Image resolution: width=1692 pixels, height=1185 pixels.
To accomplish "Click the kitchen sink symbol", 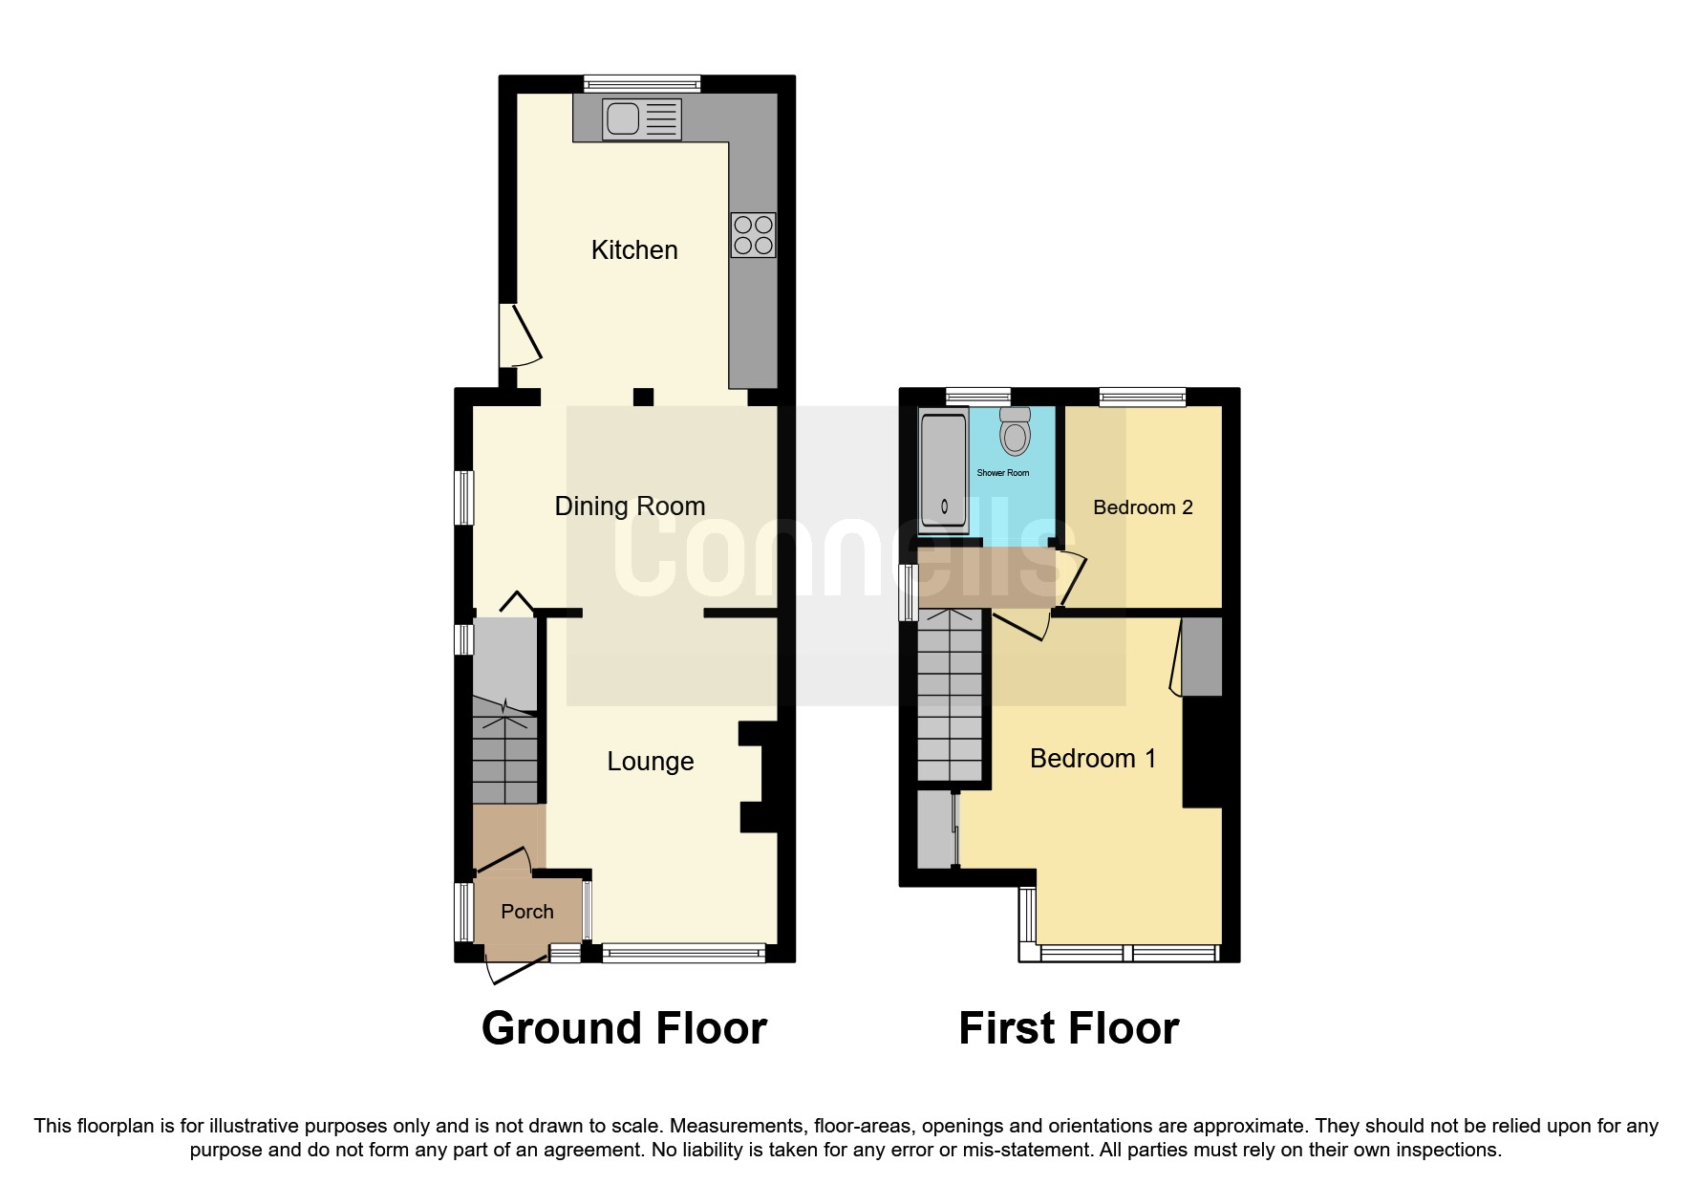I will tap(641, 119).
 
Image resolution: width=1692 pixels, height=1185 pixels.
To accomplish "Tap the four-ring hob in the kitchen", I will tap(753, 235).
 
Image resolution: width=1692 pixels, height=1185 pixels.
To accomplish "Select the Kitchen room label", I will tap(634, 250).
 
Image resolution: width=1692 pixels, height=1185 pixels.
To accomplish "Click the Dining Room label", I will tap(630, 506).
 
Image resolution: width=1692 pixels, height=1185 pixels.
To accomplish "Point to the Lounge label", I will tap(651, 762).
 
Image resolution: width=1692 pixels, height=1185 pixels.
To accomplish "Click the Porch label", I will tap(527, 912).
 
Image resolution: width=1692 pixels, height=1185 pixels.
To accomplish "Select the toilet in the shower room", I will tap(1015, 433).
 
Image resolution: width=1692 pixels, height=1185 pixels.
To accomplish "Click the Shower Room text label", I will tap(1002, 473).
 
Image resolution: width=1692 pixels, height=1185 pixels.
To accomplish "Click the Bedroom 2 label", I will tap(1143, 507).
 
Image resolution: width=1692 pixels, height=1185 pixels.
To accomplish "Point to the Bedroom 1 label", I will tap(1093, 759).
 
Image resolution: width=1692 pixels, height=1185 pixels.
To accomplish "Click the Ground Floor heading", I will tap(624, 1028).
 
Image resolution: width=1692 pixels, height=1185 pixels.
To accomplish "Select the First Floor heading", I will tap(1068, 1028).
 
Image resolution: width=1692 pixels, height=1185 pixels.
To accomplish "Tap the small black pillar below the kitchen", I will tap(643, 397).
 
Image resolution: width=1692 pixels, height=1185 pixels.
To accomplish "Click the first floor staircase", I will tap(950, 698).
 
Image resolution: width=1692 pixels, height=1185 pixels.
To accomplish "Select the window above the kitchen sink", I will tap(641, 84).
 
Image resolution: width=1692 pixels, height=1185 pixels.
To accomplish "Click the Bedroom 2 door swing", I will tap(1072, 578).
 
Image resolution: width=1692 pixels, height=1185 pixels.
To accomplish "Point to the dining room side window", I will tap(463, 497).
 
